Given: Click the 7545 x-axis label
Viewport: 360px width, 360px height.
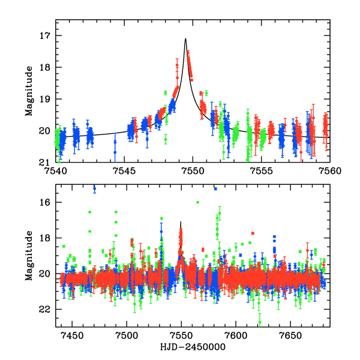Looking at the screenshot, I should (x=124, y=170).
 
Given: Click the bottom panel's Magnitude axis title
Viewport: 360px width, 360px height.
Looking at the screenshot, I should (x=29, y=256).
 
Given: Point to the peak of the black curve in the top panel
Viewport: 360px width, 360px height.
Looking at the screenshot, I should (x=185, y=39).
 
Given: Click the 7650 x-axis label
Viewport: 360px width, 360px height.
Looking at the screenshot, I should (x=290, y=334).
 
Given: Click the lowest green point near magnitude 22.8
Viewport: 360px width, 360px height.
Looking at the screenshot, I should (x=259, y=323).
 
